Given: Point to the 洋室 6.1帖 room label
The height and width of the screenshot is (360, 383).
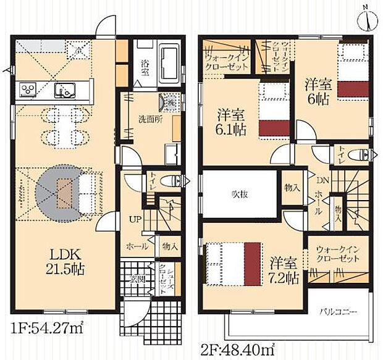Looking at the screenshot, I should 230,122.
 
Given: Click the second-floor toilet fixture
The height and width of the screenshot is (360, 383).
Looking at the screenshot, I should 359,154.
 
